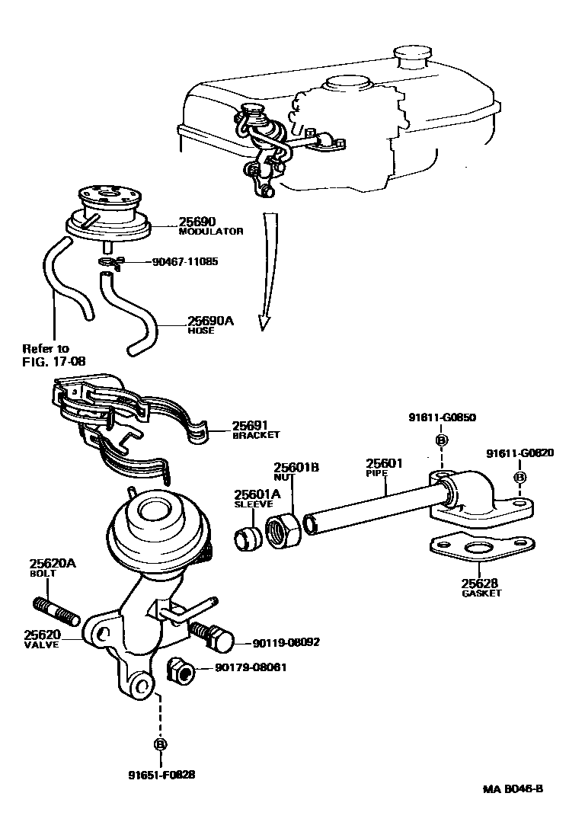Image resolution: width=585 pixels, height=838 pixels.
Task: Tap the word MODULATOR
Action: click(211, 232)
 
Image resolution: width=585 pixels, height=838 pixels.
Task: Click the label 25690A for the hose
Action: click(211, 321)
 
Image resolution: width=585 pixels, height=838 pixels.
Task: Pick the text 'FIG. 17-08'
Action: click(53, 360)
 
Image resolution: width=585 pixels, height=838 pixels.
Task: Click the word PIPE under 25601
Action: click(376, 473)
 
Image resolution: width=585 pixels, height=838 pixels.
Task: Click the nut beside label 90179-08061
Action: click(181, 670)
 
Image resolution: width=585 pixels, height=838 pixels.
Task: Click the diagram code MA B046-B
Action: click(512, 788)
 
